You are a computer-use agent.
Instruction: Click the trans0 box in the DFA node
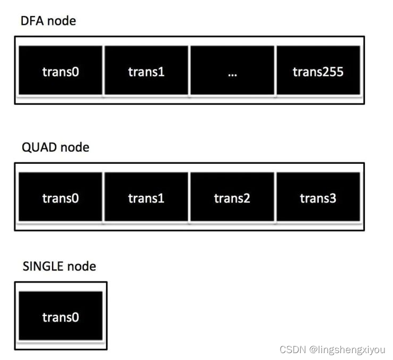coord(60,71)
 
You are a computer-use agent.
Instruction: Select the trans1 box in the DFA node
coord(146,71)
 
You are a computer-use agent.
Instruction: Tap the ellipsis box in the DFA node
coord(232,71)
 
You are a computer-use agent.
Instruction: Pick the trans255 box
coord(318,71)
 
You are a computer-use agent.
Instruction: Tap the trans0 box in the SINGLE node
coord(60,316)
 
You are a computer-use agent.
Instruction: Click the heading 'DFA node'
coord(48,22)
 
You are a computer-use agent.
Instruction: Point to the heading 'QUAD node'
coord(55,147)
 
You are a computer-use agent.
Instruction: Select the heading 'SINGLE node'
coord(59,266)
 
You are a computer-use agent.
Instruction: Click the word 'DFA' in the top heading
coord(33,22)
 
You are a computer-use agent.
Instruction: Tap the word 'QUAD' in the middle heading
coord(39,147)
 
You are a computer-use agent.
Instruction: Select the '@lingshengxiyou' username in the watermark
coord(347,350)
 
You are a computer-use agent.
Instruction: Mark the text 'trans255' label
coord(318,72)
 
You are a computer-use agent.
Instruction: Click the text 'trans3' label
coord(318,198)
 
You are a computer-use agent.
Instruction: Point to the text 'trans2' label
coord(232,198)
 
